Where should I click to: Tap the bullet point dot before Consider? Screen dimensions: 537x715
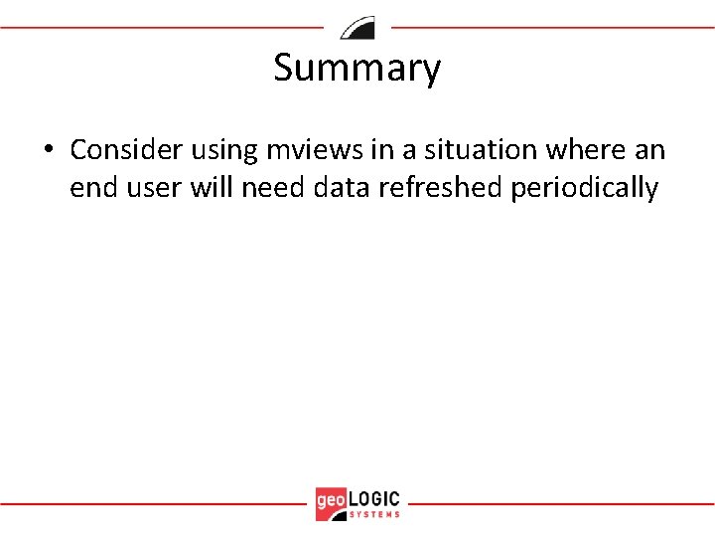[47, 151]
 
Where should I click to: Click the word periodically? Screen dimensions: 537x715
[584, 189]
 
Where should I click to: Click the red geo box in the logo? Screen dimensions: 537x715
[331, 502]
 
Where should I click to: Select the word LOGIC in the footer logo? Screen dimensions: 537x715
[374, 497]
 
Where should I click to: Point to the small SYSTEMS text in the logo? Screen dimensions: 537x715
[374, 514]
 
